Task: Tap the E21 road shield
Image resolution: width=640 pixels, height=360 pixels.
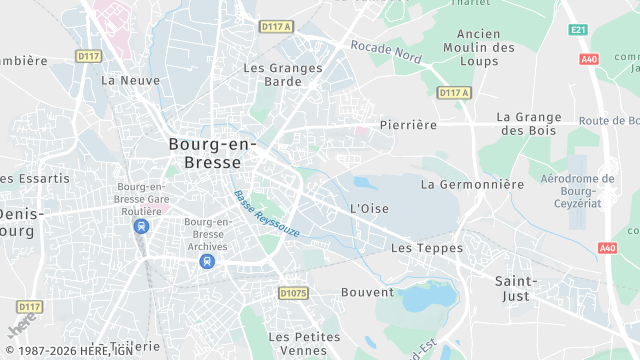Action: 578,30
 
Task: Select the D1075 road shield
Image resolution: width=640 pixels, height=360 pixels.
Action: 293,293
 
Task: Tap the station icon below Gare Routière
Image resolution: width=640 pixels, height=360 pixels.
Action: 141,226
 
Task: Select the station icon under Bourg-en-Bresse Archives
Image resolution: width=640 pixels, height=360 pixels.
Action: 206,261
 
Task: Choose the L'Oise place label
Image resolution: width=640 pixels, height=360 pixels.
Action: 369,208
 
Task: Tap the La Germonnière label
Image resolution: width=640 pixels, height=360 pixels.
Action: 472,184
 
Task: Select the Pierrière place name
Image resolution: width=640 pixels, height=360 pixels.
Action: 409,125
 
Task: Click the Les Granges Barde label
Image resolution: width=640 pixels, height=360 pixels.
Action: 283,75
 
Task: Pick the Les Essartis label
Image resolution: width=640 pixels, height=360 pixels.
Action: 36,178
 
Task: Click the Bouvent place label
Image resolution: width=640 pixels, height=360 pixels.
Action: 367,292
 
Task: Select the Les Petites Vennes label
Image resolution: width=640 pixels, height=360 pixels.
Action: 305,343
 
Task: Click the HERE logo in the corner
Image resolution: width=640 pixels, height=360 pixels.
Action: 20,328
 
